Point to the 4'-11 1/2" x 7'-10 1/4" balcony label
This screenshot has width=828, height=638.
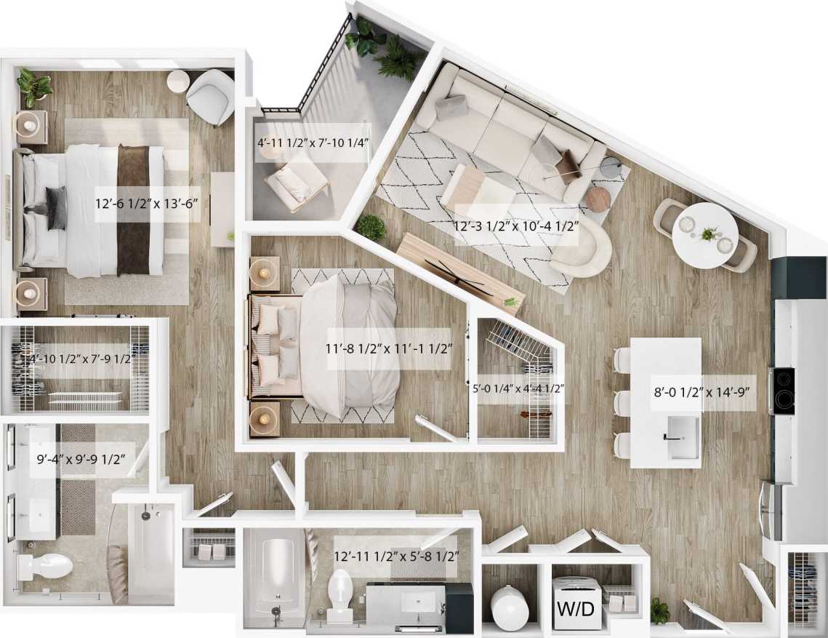point(313,142)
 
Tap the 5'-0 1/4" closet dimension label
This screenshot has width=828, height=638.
point(518,388)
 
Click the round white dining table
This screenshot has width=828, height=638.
point(704,235)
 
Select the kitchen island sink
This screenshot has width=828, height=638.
point(683,437)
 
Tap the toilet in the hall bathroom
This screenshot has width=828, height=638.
point(340,594)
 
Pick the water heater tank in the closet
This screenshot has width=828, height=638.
point(510,607)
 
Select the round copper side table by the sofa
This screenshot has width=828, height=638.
point(598,199)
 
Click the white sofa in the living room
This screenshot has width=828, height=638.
point(509,131)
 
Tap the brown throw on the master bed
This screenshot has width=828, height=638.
point(133,210)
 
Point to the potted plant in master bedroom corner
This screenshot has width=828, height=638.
point(33,86)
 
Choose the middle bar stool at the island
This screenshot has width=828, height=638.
point(621,402)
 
